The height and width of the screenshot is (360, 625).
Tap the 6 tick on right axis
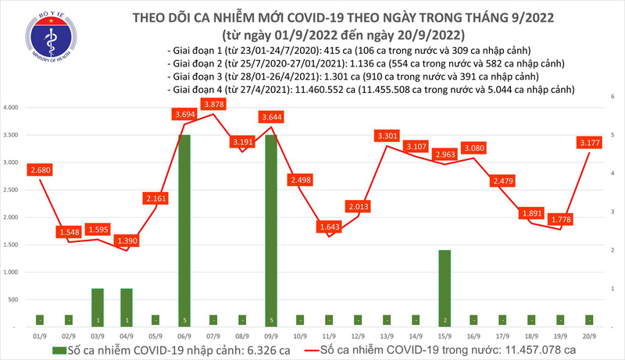point(613,95)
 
